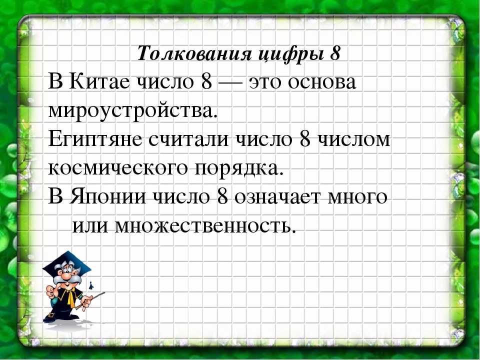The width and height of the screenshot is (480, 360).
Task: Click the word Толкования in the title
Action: tap(194, 53)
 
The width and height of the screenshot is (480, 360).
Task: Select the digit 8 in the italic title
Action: tap(335, 53)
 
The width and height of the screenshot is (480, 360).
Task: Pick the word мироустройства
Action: tap(132, 111)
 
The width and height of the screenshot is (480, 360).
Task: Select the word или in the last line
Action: tap(90, 226)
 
